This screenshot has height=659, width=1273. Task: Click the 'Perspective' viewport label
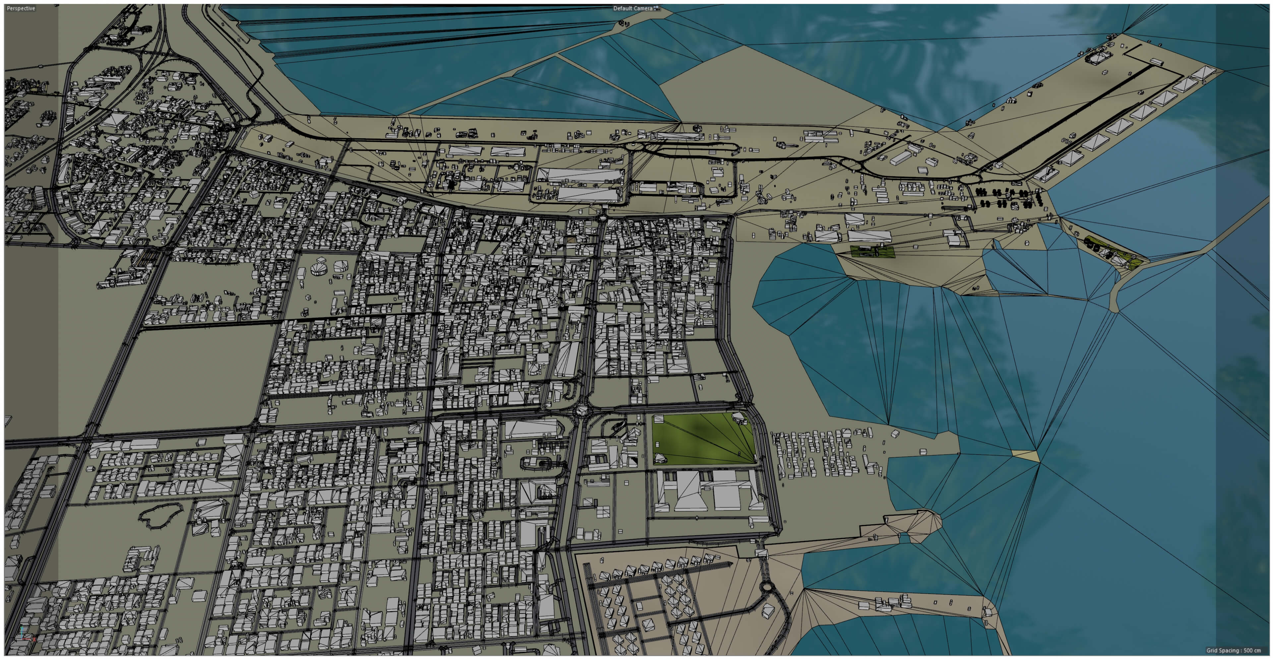pyautogui.click(x=21, y=8)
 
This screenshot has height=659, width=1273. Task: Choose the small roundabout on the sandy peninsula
pyautogui.click(x=767, y=587)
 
